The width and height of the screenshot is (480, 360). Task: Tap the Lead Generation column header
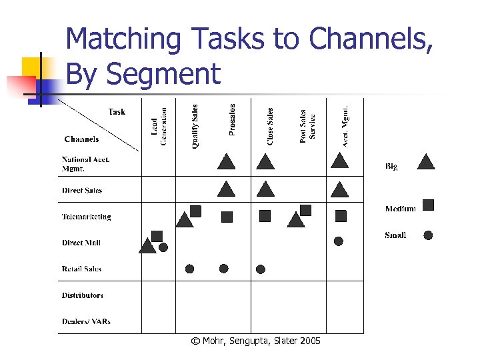pos(159,122)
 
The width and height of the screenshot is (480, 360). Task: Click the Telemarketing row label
pos(87,217)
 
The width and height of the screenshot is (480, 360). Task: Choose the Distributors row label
pos(83,295)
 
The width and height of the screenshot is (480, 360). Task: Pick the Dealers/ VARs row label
pos(87,321)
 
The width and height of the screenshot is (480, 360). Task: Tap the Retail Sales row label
pos(81,269)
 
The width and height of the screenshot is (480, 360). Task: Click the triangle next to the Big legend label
pos(426,162)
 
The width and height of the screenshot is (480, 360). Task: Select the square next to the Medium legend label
pos(429,205)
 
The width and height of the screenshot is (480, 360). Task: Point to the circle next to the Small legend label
pos(429,235)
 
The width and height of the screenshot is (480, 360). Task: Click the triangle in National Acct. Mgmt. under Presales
pos(227,162)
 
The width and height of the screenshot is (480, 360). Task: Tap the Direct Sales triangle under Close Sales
pos(265,190)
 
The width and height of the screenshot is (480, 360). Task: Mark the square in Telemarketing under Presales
pos(227,217)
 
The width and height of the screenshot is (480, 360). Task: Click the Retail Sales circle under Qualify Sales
pos(189,269)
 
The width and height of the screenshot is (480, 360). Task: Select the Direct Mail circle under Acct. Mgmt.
pos(339,241)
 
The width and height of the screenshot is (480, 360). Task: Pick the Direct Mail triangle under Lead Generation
pos(147,247)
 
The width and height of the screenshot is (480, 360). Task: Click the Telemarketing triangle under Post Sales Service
pos(295,220)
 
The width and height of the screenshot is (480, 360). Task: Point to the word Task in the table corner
pos(117,112)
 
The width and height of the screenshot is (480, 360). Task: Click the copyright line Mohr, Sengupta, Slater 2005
pos(255,341)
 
